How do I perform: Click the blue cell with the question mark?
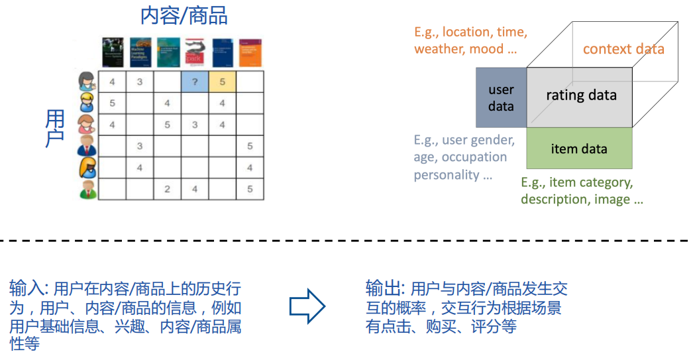point(194,82)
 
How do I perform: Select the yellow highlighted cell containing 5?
point(222,82)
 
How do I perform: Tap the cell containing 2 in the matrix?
point(167,189)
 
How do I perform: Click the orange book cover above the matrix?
point(250,52)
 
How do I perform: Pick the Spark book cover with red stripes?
point(194,52)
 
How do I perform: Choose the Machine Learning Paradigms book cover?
point(140,52)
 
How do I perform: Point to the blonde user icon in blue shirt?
point(87,103)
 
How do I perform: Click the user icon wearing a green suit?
point(87,189)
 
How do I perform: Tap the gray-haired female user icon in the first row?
point(87,81)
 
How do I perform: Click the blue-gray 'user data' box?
point(501,97)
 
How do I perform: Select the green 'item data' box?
point(579,149)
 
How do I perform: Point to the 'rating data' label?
point(581,95)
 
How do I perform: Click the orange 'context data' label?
point(623,49)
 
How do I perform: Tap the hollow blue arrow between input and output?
point(307,307)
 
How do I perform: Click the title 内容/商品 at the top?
point(184,15)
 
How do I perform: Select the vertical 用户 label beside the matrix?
point(56,130)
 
